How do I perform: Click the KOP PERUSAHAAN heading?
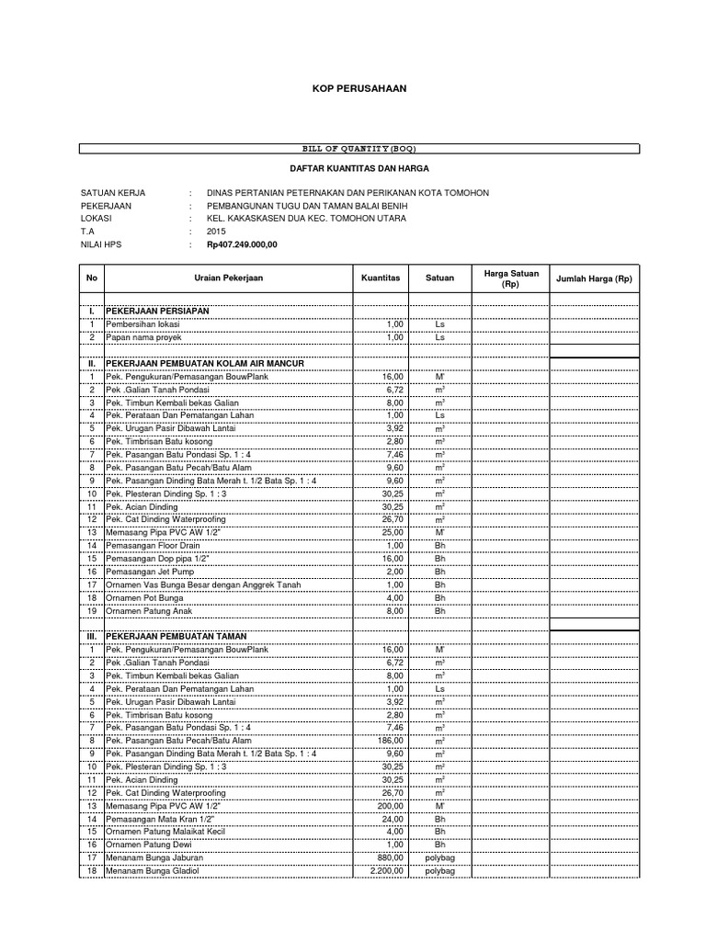click(x=354, y=87)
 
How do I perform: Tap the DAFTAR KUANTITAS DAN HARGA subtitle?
click(x=354, y=169)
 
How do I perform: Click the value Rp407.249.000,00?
click(x=241, y=245)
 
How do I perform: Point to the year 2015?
click(x=216, y=232)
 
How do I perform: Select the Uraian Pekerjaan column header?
click(x=229, y=278)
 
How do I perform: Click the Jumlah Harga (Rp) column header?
click(x=593, y=278)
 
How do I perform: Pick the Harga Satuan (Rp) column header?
click(x=510, y=278)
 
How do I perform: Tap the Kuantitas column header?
click(x=380, y=278)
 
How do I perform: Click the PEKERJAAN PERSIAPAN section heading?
click(x=158, y=312)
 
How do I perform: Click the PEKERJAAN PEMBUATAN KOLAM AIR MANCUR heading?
click(x=204, y=364)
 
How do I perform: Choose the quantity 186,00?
click(x=391, y=740)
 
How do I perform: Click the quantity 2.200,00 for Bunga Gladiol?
click(x=385, y=869)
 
